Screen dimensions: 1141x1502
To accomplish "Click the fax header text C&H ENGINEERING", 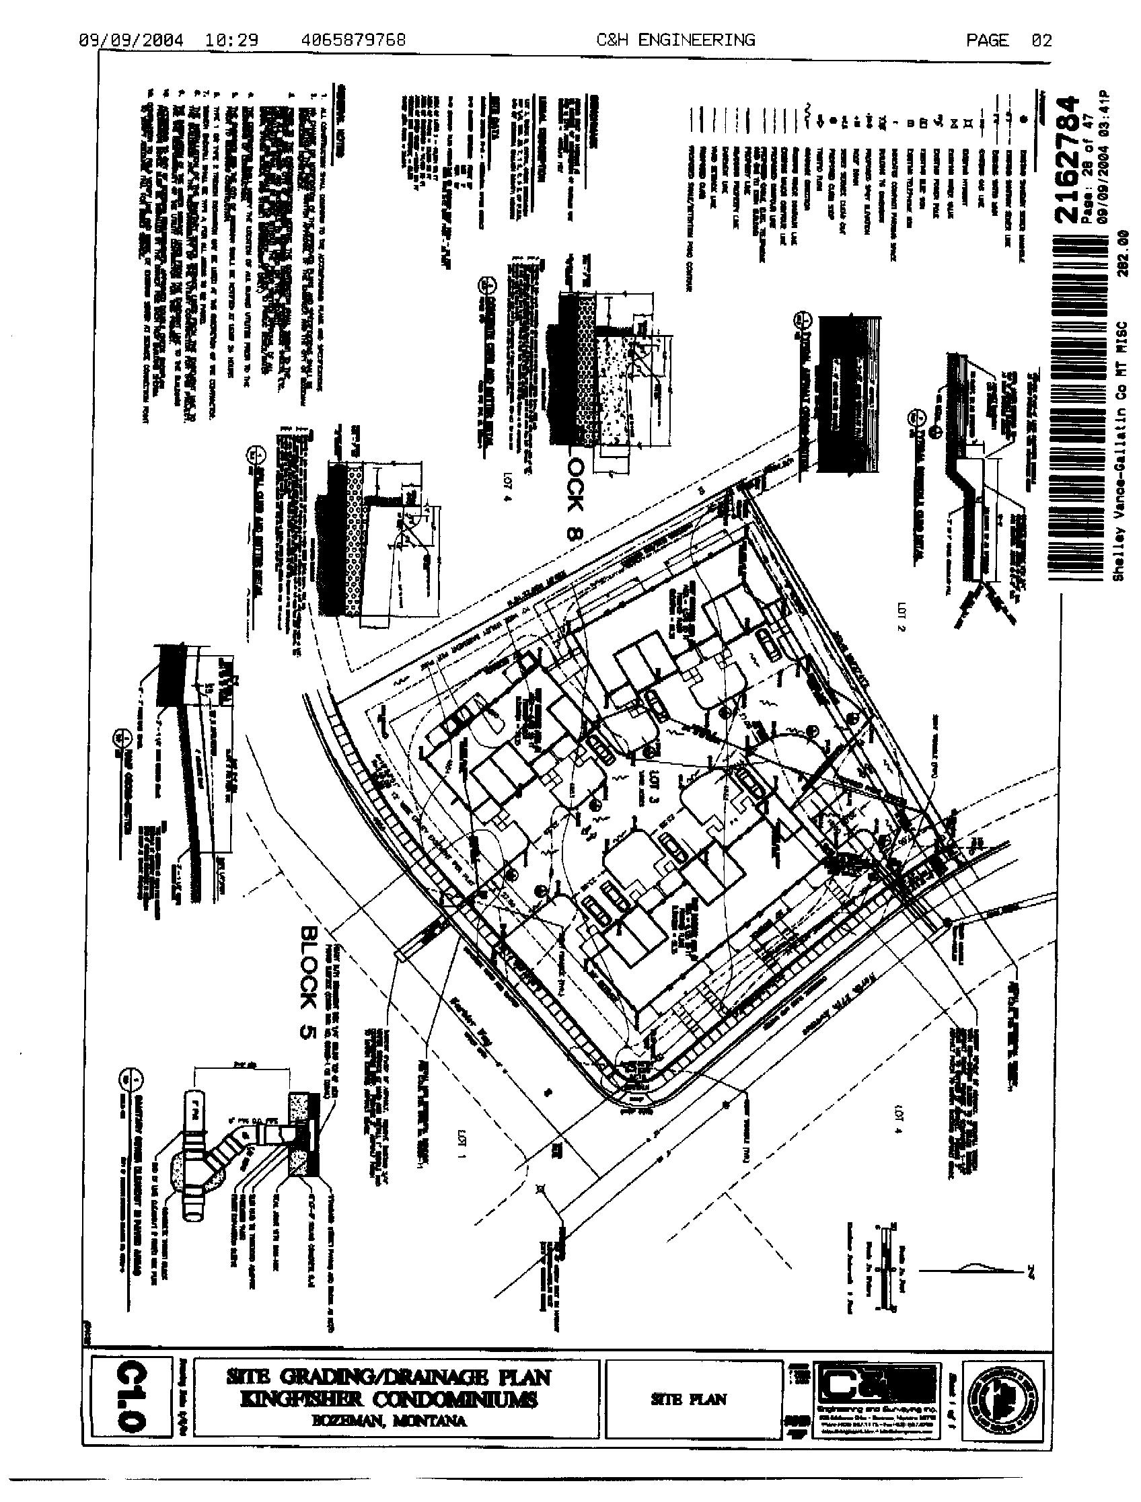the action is [x=675, y=41].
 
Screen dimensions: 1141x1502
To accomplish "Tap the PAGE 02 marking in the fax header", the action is [x=1008, y=41].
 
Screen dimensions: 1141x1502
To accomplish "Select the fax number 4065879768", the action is [x=353, y=41].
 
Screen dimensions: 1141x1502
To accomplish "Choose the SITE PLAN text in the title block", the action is [x=690, y=1399].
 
